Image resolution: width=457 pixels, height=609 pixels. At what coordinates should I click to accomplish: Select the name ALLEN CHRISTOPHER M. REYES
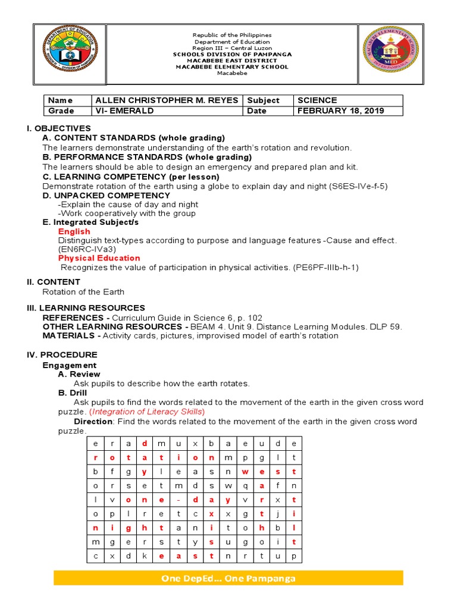[167, 101]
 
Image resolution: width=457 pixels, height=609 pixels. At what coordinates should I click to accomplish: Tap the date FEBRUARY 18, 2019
[340, 111]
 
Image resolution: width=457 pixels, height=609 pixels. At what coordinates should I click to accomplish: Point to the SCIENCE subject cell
[317, 101]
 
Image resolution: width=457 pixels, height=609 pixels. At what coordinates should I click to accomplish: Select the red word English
[74, 231]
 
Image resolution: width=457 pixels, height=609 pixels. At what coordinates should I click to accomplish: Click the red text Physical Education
[99, 258]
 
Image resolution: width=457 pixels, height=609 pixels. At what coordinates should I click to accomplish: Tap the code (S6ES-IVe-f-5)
[358, 186]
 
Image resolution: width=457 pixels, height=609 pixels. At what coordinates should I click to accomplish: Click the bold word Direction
[93, 421]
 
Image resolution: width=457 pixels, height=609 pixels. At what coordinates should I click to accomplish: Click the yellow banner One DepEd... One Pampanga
[228, 579]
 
